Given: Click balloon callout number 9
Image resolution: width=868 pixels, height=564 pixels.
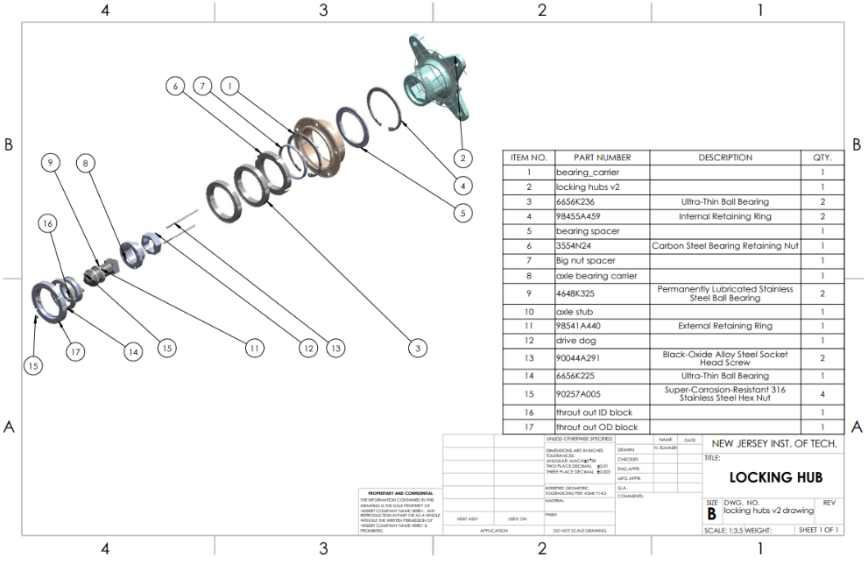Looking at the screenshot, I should [52, 163].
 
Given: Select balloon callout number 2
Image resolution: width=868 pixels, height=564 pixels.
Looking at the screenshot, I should [462, 159].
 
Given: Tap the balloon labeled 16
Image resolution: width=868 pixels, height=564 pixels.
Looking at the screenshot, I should [47, 223].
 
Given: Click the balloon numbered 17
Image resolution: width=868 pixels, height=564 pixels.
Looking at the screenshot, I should [76, 352].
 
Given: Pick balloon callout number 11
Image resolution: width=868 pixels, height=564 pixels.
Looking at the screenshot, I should [254, 348].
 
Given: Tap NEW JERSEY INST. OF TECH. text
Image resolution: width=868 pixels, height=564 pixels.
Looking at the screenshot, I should [774, 444].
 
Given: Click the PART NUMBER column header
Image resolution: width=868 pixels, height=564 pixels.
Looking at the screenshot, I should [602, 158].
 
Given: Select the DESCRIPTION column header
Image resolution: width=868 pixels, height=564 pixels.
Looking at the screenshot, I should [724, 158].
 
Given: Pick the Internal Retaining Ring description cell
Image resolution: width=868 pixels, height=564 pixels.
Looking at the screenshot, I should [724, 216].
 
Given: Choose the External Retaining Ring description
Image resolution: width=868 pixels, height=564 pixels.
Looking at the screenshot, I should [724, 326].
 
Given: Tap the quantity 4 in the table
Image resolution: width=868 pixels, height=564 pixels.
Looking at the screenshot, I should [822, 394].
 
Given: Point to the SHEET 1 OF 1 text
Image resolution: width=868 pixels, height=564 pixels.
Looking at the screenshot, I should [817, 530].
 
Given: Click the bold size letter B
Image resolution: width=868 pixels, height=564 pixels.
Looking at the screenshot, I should [712, 514].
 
